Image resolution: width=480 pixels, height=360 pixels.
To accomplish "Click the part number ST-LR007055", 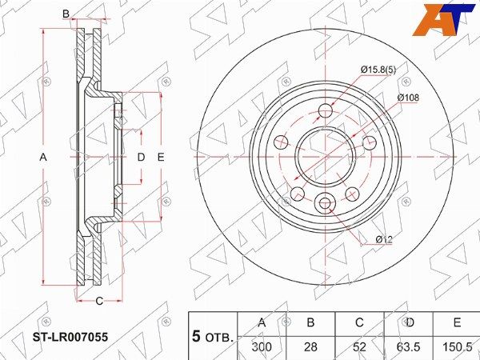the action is click(x=70, y=337).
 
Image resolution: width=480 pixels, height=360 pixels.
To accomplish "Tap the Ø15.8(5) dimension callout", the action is click(x=378, y=70).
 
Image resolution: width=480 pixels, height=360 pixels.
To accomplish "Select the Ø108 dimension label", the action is click(x=408, y=98).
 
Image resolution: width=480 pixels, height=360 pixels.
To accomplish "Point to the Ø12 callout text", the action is click(x=384, y=240).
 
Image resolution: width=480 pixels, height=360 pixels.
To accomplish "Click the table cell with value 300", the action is click(x=262, y=347).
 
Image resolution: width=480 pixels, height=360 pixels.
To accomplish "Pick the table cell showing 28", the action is click(x=310, y=347).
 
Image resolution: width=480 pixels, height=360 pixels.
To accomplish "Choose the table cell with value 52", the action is click(x=359, y=347).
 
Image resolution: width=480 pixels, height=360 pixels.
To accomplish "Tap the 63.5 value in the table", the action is click(x=408, y=347).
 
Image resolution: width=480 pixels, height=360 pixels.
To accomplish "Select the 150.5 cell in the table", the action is click(x=457, y=347).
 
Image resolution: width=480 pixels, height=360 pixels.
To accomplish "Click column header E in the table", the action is click(x=457, y=322).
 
